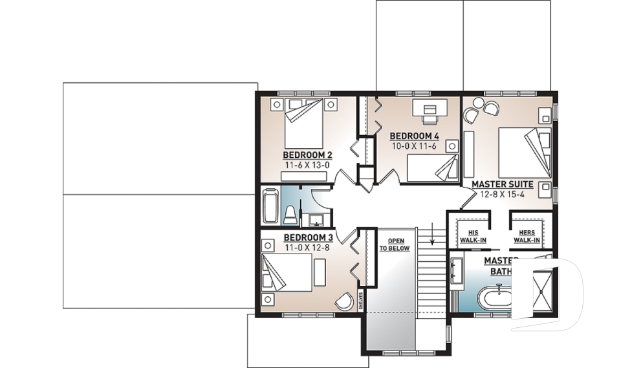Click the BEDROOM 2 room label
(307, 155)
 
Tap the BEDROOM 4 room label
(414, 136)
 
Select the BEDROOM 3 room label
(307, 237)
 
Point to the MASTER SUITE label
(502, 184)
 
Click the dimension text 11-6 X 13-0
(307, 165)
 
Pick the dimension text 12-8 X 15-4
(502, 194)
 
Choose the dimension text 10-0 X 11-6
(415, 146)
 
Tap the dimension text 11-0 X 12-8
(307, 247)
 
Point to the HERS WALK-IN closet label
(527, 236)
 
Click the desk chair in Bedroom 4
(430, 118)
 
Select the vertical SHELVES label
(361, 301)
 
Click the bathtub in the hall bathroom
(269, 205)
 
